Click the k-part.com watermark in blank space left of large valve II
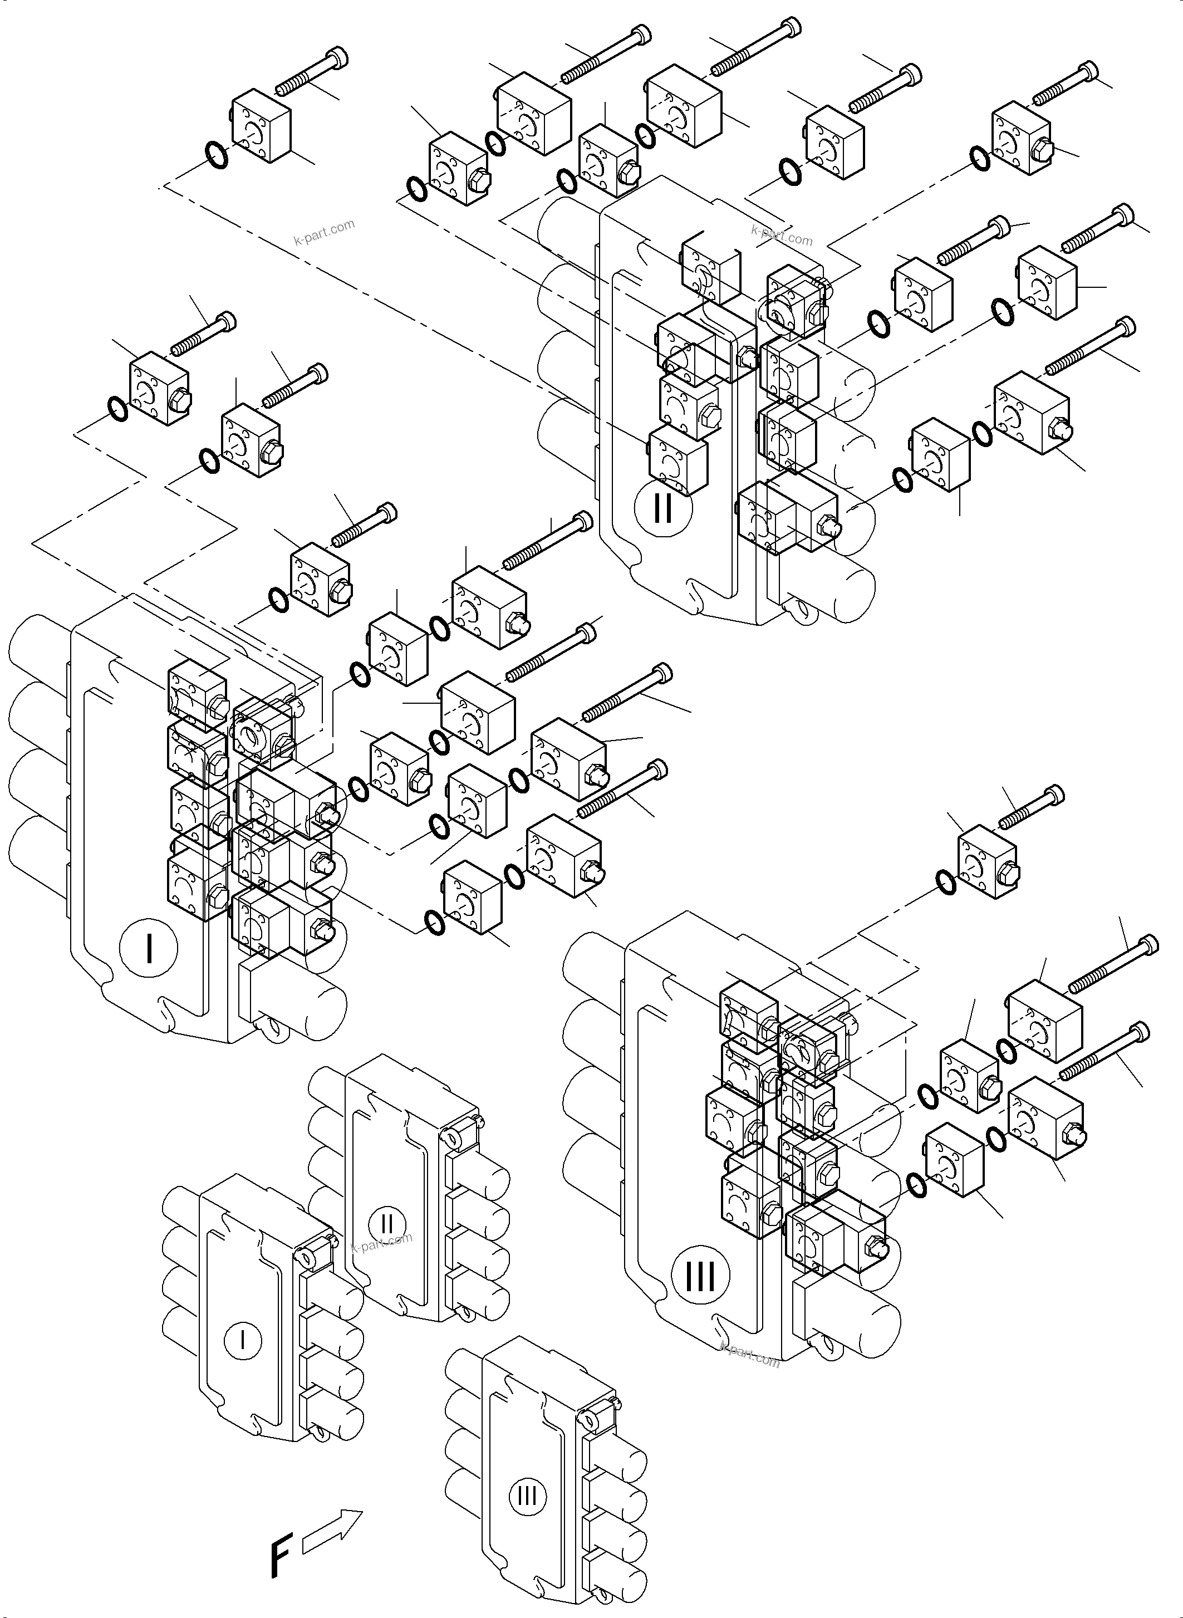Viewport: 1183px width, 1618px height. click(325, 232)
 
